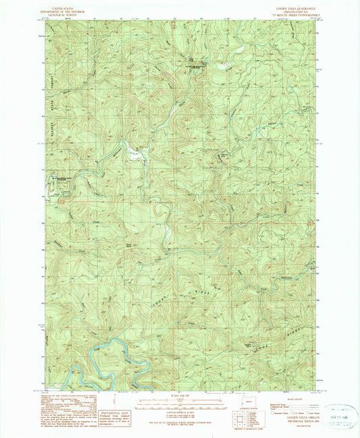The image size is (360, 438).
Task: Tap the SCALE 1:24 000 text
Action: point(179,397)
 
